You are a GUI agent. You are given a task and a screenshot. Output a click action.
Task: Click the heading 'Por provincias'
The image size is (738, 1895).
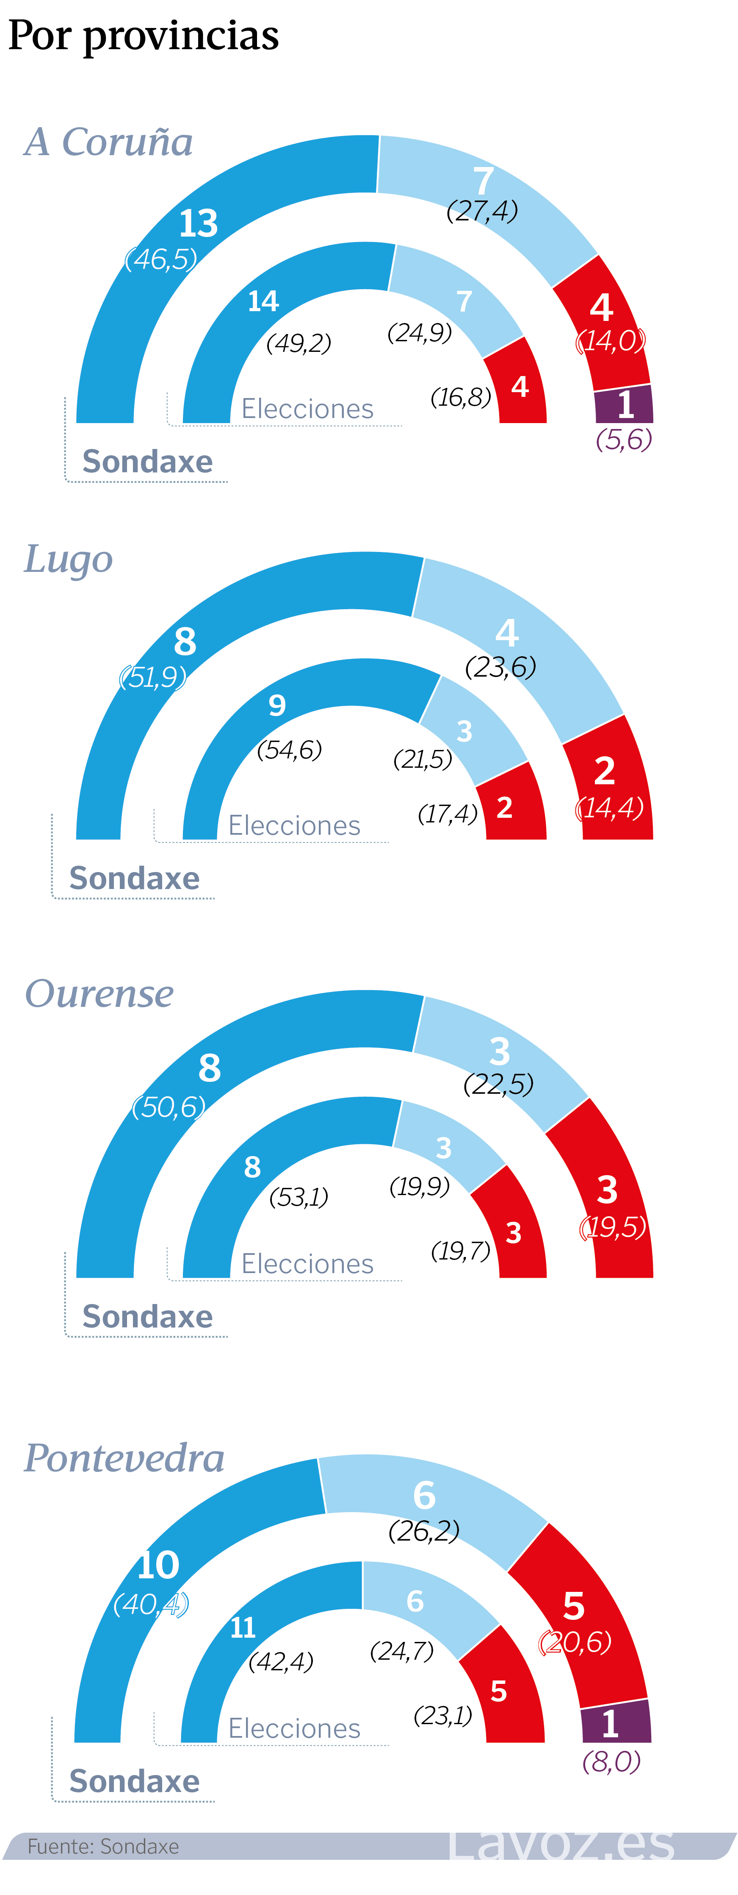[144, 35]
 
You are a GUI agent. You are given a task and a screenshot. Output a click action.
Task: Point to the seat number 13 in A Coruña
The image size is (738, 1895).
[199, 224]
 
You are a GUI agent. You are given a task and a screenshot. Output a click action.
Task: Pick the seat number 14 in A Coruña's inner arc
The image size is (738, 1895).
[263, 301]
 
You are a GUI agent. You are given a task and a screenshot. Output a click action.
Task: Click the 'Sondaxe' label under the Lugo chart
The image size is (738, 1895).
[135, 878]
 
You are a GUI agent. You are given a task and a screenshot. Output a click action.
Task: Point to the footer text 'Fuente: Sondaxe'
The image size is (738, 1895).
[103, 1846]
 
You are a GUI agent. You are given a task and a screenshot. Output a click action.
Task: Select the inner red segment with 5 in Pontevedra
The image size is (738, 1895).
[503, 1692]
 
